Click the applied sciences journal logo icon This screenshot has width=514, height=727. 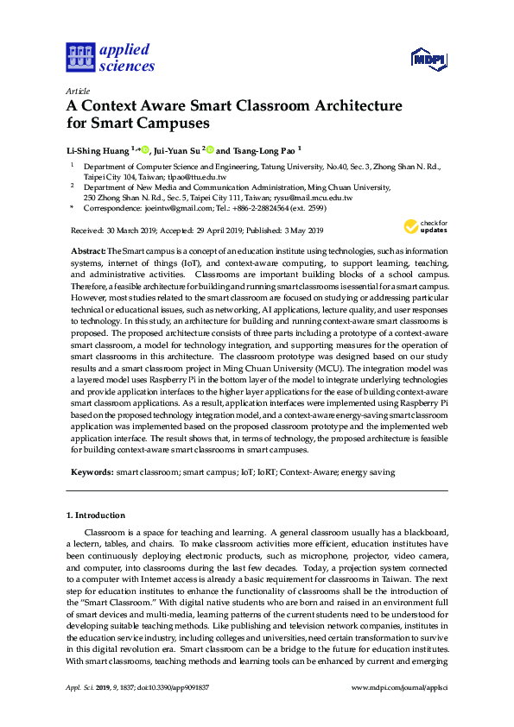(79, 58)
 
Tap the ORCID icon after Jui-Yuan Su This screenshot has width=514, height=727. (209, 149)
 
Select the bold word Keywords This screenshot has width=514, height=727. (92, 472)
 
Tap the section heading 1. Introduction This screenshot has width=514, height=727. (96, 515)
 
